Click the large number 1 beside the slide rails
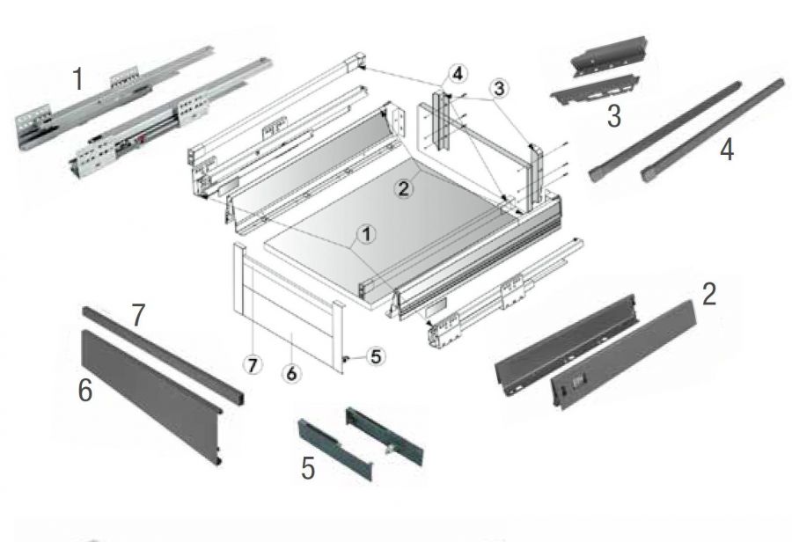(x=77, y=79)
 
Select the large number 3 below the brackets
(x=614, y=114)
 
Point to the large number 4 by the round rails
(x=725, y=150)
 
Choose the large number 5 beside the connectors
(x=308, y=468)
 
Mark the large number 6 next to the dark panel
(x=85, y=391)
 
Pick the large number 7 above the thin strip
(x=138, y=316)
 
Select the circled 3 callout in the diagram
(x=499, y=89)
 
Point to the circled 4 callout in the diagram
(x=458, y=72)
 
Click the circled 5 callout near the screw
(x=375, y=356)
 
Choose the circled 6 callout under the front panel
(x=293, y=373)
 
